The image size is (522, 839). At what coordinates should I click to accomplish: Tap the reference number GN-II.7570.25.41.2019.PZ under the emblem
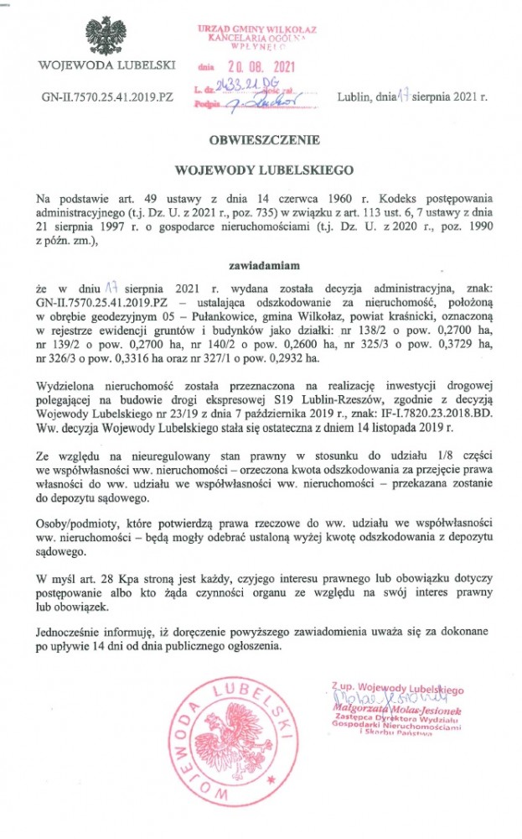coord(107,96)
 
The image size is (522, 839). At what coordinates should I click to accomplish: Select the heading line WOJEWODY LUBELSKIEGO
coord(261,169)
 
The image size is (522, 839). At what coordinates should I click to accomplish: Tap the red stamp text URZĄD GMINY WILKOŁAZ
coord(262,29)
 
